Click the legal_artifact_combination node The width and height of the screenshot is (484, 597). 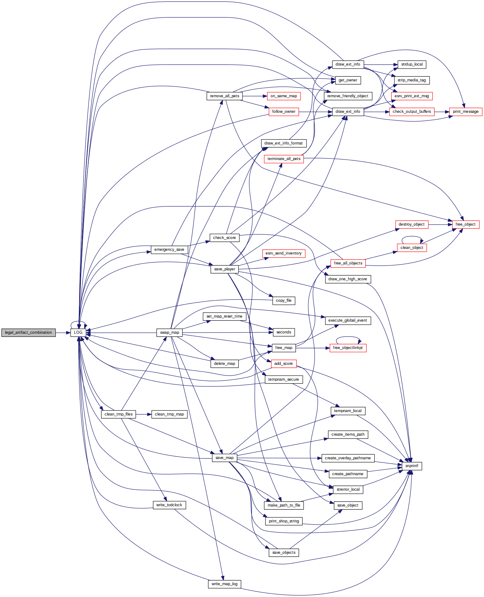pos(29,333)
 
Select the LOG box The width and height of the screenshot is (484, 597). pos(78,333)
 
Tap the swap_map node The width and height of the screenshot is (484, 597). pos(169,333)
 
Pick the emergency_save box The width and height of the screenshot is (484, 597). pos(169,250)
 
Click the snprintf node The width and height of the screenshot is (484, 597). pos(412,466)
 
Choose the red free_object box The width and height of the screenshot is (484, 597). pos(465,224)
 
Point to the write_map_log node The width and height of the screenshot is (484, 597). pos(224,584)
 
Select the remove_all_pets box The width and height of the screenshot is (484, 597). pos(224,96)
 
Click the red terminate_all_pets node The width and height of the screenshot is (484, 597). pos(284,159)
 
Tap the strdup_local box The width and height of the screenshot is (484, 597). pos(412,64)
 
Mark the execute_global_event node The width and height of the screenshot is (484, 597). pos(348,320)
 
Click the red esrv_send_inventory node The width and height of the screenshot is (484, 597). pos(283,253)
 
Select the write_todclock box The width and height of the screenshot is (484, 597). pos(169,505)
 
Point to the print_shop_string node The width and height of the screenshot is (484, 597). pos(284,521)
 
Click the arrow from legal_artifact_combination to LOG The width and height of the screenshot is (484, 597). pos(63,333)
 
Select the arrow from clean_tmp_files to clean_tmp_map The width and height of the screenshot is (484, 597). pos(144,414)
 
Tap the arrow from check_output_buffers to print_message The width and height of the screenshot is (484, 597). pos(442,112)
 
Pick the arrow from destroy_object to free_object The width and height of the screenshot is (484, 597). pos(440,224)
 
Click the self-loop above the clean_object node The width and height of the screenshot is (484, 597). pos(412,237)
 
